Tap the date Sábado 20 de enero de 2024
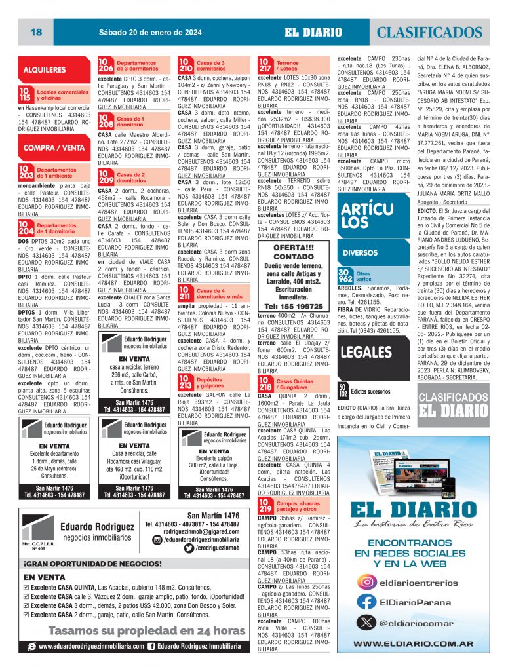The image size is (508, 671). [143, 32]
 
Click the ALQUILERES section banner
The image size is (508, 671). [45, 69]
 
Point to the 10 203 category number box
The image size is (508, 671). [26, 172]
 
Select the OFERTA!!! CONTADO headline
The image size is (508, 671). [293, 252]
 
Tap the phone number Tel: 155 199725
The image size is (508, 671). [293, 306]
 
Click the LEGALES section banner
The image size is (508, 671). [366, 351]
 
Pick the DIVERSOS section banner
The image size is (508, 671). [360, 252]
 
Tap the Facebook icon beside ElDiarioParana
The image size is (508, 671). [369, 601]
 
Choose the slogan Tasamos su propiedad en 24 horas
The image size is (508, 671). [138, 631]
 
